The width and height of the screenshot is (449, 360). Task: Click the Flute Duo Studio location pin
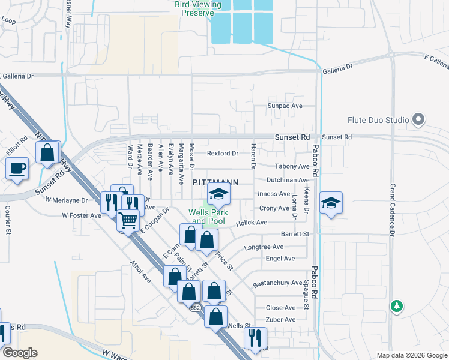(x=418, y=120)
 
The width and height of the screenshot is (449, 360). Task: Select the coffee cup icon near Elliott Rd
(x=17, y=167)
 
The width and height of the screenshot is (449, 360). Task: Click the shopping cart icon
(x=128, y=220)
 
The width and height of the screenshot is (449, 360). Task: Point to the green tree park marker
(x=396, y=306)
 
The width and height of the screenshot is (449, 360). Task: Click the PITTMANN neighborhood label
(x=215, y=182)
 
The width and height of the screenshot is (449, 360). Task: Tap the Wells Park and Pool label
(x=206, y=217)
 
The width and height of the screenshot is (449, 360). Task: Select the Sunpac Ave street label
(x=285, y=106)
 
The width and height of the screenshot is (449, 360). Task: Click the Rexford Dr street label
(x=223, y=154)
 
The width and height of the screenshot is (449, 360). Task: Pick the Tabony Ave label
(x=292, y=167)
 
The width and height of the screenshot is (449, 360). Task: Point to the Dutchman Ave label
(x=288, y=180)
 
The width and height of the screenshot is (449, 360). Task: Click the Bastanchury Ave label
(x=277, y=283)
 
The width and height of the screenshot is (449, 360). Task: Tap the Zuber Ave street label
(x=281, y=320)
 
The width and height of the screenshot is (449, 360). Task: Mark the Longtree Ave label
(x=264, y=247)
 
